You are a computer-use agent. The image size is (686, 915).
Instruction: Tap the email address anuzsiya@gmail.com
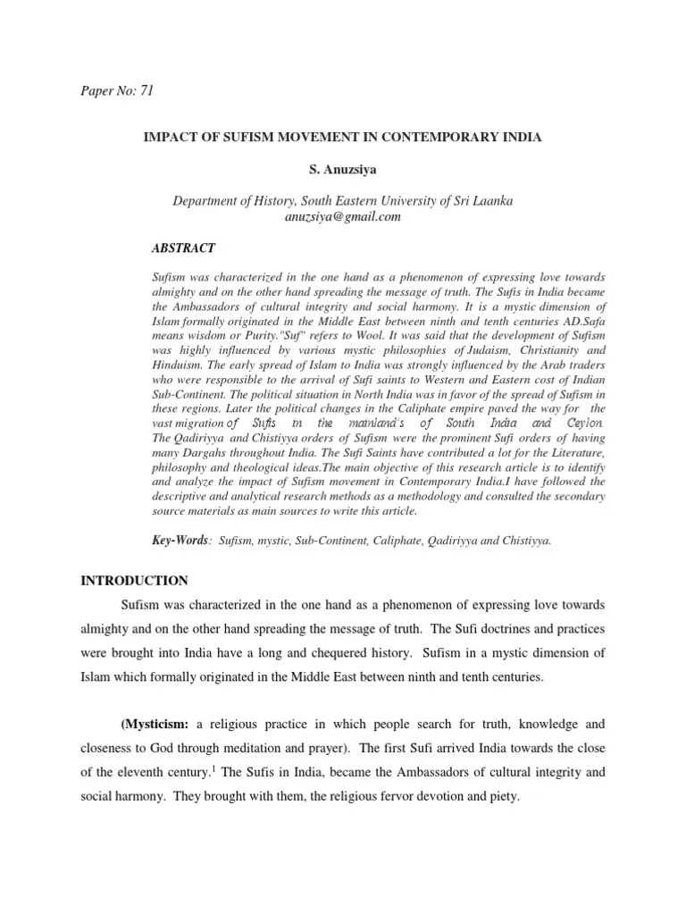coord(343,216)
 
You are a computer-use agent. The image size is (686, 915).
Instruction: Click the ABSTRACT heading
coord(182,248)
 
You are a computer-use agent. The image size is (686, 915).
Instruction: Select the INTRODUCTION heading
coord(134,581)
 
